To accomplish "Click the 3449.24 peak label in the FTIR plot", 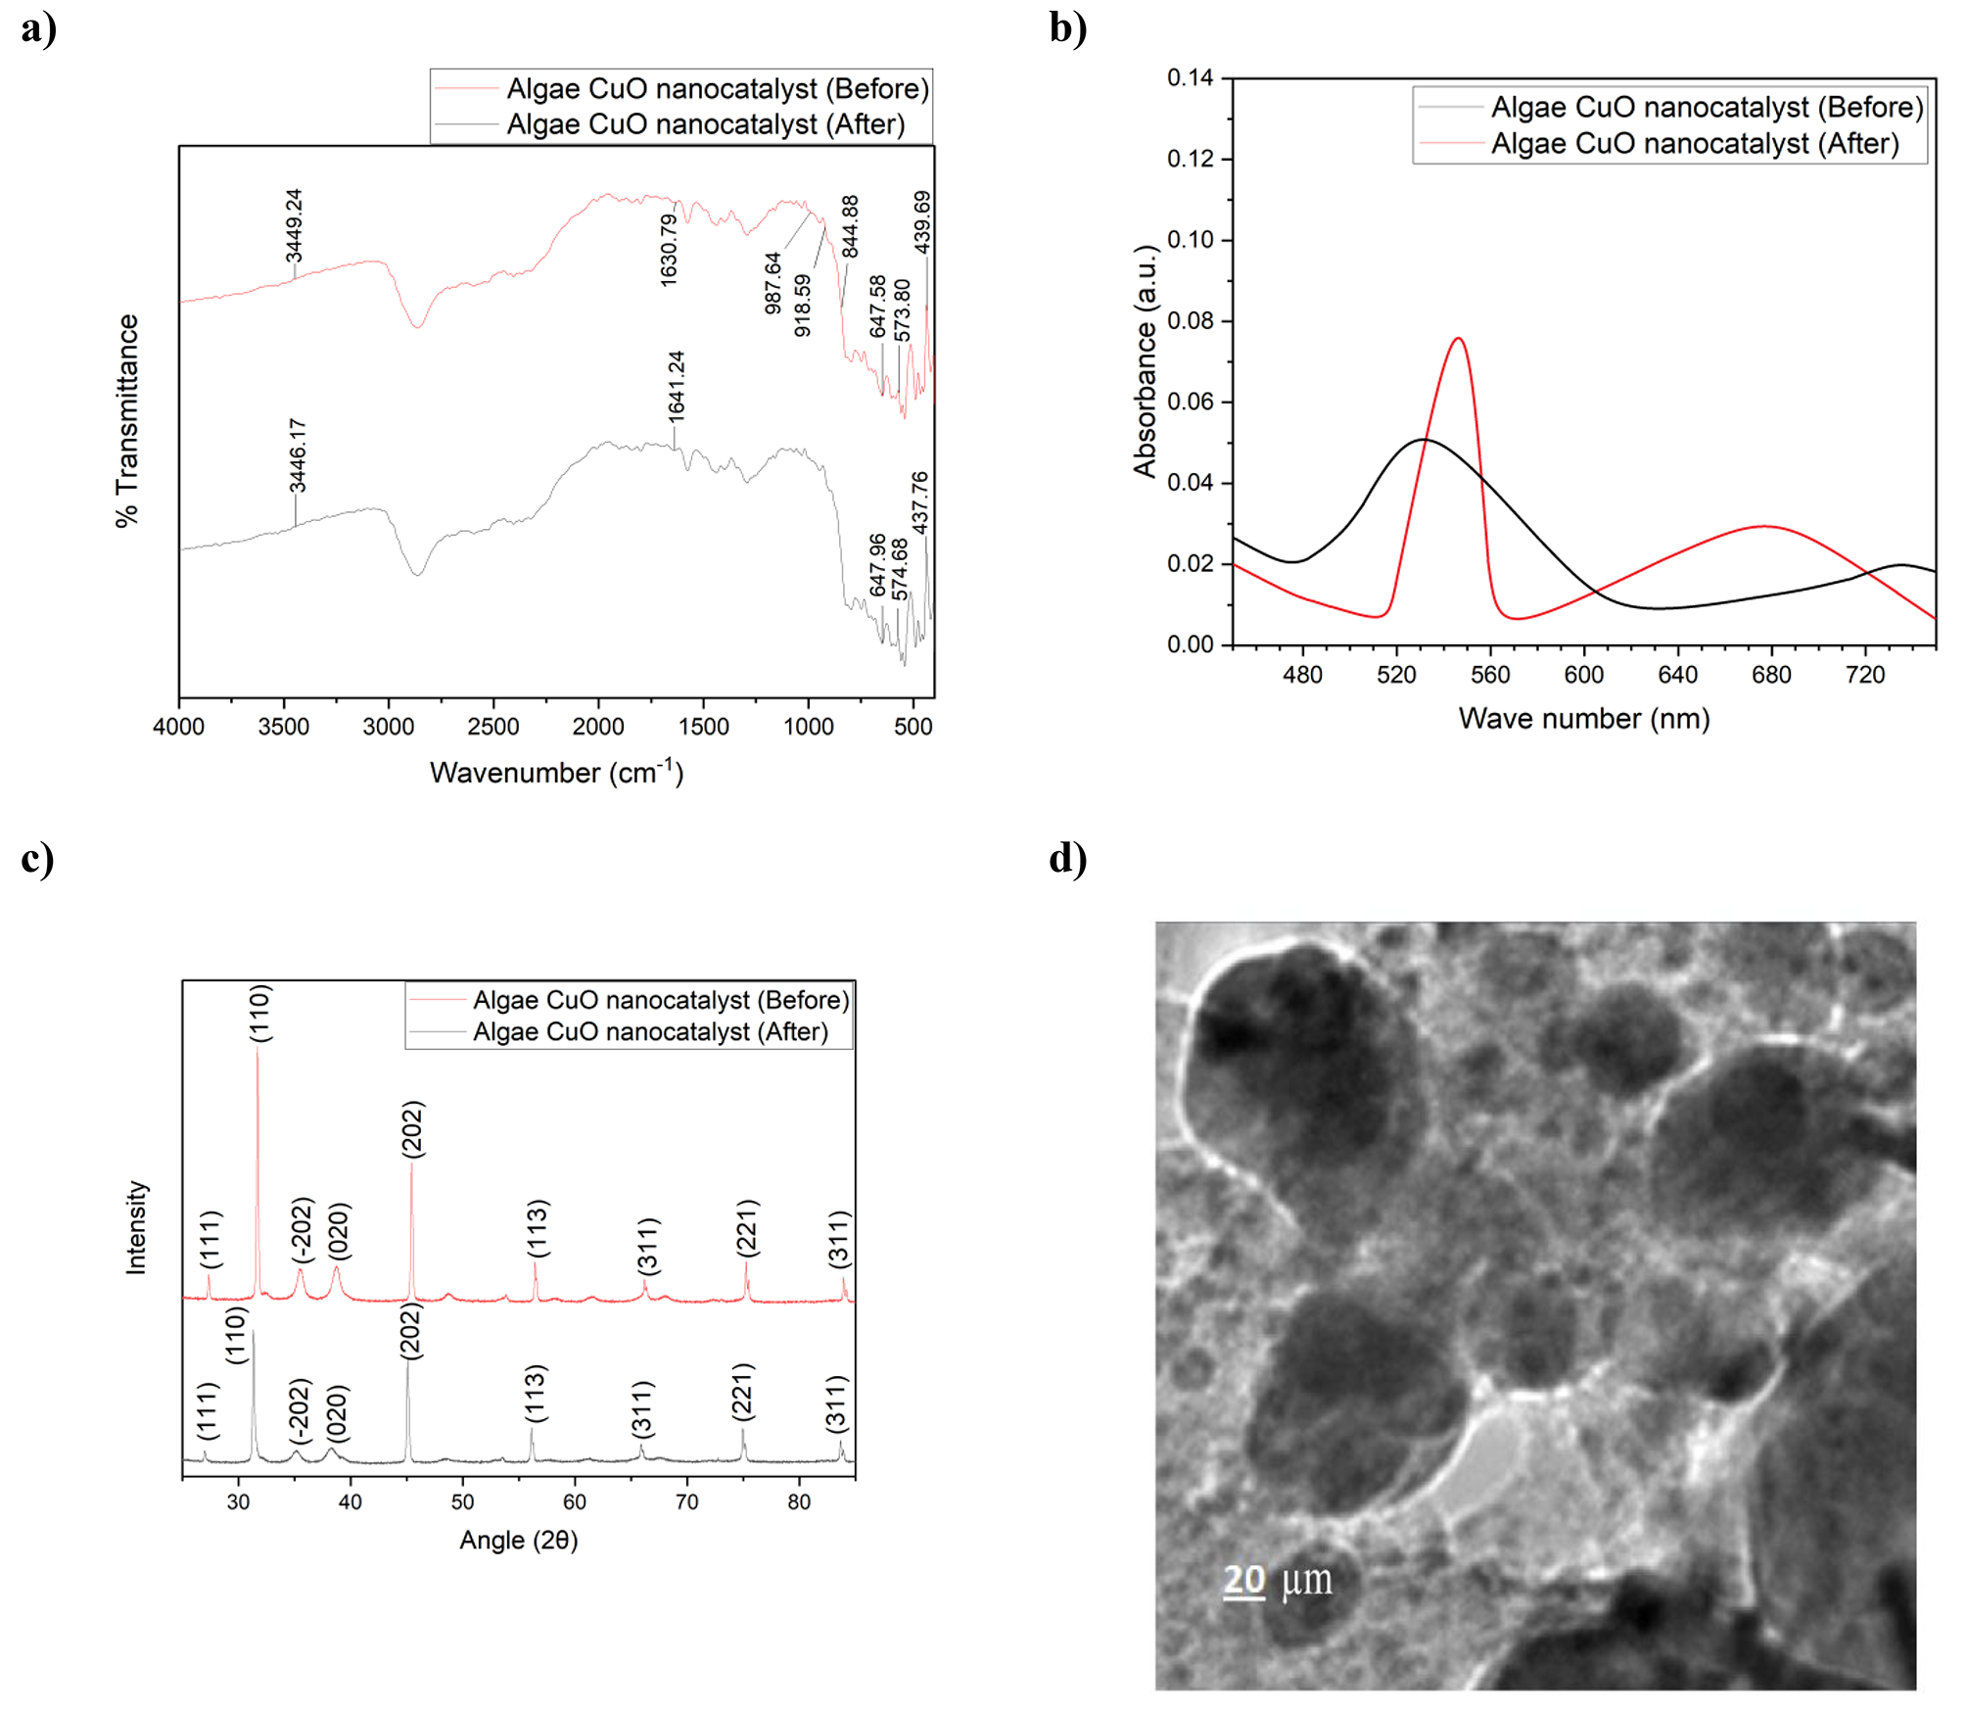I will coord(294,226).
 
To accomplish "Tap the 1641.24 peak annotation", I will coord(676,386).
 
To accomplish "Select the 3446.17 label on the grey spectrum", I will coord(298,455).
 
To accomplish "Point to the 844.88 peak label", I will coord(850,226).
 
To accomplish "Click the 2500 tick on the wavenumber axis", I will coord(492,727).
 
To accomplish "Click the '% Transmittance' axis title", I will coord(127,421).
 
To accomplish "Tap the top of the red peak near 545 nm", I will coord(1459,339).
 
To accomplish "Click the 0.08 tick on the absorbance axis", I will coord(1190,321).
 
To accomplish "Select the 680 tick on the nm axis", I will coord(1771,675).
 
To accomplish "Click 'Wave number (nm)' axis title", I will coord(1583,719).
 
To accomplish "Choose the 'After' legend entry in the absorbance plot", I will coord(1694,144).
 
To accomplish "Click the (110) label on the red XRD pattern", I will coord(259,1013).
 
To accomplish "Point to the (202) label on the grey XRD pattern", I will coord(411,1330).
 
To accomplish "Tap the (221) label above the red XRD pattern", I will coord(747,1227).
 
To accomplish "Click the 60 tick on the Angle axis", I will coord(575,1502).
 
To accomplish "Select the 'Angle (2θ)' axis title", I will coord(519,1541).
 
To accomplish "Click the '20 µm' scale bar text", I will coord(1277,1580).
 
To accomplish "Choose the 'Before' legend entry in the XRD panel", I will coord(660,1000).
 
